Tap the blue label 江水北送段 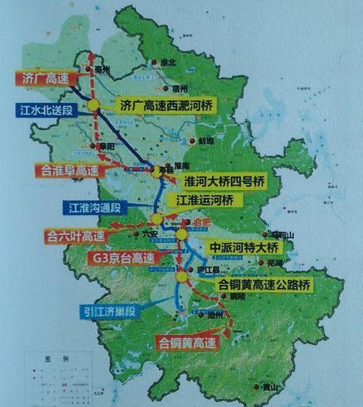click(46, 110)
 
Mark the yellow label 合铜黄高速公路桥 click(266, 286)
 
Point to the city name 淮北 click(168, 62)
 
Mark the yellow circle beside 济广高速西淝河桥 click(94, 106)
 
